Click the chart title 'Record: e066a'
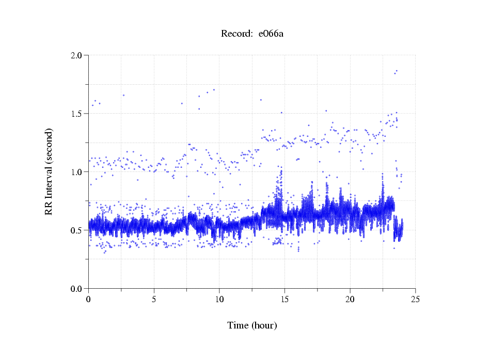(x=252, y=34)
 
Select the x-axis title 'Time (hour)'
(x=252, y=325)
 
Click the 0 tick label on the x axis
(x=89, y=299)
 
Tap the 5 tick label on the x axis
(x=154, y=299)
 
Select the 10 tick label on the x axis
(x=219, y=299)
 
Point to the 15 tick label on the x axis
(x=284, y=299)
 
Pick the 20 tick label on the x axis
(x=350, y=299)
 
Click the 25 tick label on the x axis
(x=415, y=299)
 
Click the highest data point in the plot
(x=397, y=71)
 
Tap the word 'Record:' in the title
(x=237, y=34)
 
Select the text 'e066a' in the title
(x=272, y=34)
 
